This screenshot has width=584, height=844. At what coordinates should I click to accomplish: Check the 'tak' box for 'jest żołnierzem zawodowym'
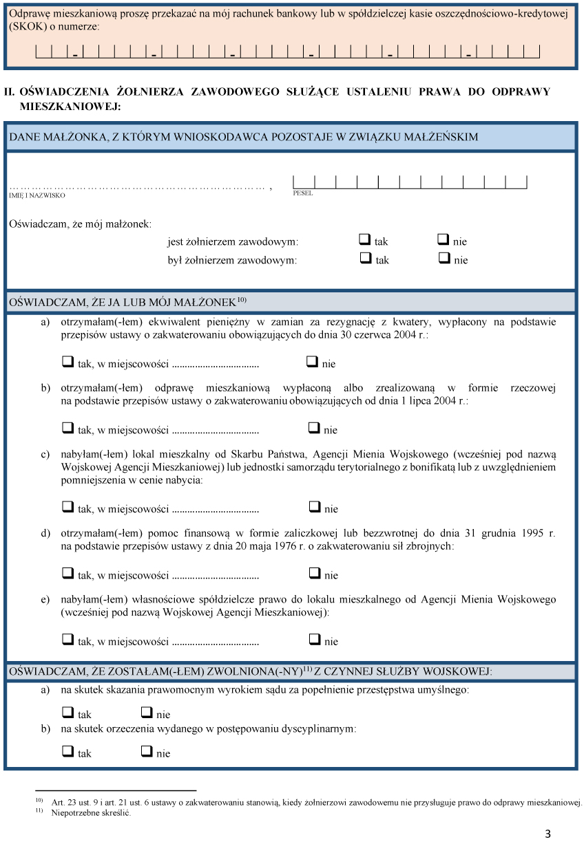[x=365, y=240]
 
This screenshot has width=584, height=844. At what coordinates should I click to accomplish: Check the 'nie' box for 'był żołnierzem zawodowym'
[x=444, y=259]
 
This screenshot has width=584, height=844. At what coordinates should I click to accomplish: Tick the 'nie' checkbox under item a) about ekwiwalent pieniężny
[x=312, y=362]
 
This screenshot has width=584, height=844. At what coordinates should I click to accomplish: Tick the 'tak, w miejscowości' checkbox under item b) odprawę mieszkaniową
[x=67, y=428]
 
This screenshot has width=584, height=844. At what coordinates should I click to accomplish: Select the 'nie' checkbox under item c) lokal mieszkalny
[x=314, y=507]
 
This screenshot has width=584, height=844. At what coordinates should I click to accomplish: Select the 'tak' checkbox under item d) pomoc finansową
[x=67, y=573]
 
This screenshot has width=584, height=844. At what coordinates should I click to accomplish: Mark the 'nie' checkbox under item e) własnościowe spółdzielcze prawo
[x=314, y=639]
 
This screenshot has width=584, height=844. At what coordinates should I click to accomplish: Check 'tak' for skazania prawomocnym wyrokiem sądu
[x=67, y=713]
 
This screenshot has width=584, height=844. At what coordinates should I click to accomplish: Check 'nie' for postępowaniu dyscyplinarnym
[x=146, y=751]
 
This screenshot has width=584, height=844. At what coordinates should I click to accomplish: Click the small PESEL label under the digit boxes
[x=302, y=193]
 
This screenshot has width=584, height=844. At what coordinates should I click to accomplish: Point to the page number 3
[x=547, y=834]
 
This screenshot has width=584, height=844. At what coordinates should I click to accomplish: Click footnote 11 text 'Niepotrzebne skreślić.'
[x=91, y=812]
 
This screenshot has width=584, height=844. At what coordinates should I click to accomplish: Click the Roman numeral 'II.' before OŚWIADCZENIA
[x=10, y=91]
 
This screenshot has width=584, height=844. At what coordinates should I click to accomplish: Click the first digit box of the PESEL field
[x=303, y=182]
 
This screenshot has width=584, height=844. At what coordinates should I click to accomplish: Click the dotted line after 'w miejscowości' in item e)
[x=215, y=642]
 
